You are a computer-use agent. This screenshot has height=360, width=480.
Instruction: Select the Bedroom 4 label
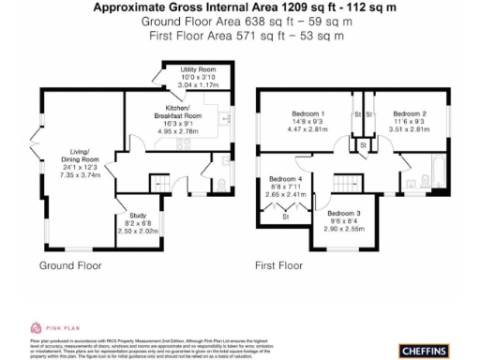[x=286, y=178]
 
